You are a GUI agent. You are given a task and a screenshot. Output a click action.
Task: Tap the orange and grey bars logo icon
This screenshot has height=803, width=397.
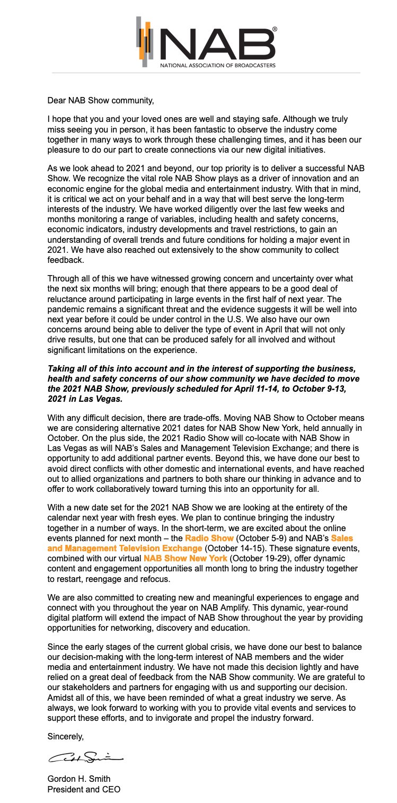coord(144,41)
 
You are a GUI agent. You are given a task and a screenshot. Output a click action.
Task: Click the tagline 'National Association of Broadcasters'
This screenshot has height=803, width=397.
coord(218,66)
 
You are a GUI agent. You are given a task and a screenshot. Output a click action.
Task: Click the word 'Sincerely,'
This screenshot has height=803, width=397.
coord(66,736)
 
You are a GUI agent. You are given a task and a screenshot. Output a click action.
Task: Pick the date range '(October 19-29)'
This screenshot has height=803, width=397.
coord(256,559)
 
